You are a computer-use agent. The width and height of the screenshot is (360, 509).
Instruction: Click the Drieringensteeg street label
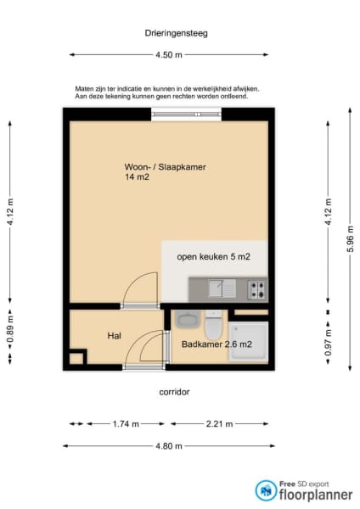[x=176, y=33]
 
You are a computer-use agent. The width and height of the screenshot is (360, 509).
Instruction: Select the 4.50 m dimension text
[x=169, y=55]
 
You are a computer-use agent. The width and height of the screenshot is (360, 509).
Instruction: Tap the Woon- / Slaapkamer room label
[x=165, y=167]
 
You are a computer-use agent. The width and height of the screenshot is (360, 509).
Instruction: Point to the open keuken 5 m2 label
[x=213, y=257]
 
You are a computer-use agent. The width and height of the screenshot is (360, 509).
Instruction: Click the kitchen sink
[x=222, y=288]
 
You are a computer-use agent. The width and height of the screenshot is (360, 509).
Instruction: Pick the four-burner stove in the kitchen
[x=256, y=290]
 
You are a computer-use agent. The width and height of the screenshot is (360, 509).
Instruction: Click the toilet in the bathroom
[x=213, y=324]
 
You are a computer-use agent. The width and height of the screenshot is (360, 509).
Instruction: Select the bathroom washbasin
[x=188, y=319]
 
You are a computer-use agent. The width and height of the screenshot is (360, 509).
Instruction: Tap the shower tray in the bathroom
[x=249, y=341]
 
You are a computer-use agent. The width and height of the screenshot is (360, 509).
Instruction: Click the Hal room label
[x=115, y=336]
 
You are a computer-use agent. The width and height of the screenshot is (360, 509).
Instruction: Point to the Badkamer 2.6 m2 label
[x=217, y=344]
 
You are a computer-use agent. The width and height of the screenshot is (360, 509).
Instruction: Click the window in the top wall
[x=186, y=114]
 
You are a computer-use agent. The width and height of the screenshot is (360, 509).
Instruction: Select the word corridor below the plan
[x=174, y=392]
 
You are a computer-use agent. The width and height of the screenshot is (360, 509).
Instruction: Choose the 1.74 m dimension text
[x=126, y=424]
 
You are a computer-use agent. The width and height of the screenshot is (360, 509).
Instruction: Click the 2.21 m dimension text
[x=219, y=424]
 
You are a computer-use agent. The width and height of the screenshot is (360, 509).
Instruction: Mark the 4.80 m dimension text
[x=169, y=446]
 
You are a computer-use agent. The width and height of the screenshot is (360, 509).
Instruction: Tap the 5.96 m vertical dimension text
[x=351, y=239]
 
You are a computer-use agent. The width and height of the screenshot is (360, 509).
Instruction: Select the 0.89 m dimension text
[x=10, y=330]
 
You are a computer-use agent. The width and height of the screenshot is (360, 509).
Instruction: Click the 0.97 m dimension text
[x=328, y=343]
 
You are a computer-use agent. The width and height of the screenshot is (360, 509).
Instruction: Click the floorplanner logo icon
[x=266, y=490]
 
